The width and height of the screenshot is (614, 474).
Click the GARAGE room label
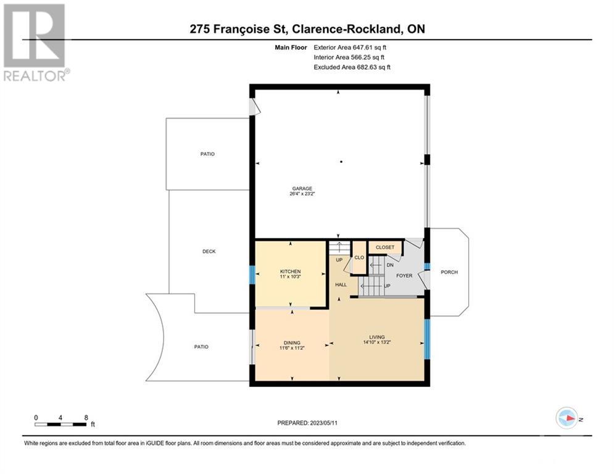click(302, 188)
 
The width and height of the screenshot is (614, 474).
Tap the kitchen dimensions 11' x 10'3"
click(290, 276)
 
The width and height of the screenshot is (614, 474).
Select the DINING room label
click(292, 343)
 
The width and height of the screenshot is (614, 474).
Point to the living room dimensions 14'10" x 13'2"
click(377, 342)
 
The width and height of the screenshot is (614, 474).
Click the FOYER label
click(404, 276)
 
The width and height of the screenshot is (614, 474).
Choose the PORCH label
click(449, 272)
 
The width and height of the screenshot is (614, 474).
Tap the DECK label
click(209, 251)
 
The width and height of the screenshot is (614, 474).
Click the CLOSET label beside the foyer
click(385, 247)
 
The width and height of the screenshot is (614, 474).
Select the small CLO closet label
click(359, 257)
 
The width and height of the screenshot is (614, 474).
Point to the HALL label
click(341, 285)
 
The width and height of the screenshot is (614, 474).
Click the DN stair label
click(390, 265)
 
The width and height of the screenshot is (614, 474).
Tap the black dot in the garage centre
click(341, 162)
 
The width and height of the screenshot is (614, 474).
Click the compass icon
click(566, 418)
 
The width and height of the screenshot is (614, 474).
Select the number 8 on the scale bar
click(86, 418)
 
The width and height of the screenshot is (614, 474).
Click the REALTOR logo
click(35, 43)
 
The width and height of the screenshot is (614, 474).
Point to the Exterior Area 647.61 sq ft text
click(350, 48)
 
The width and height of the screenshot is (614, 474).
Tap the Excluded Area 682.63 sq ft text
click(352, 67)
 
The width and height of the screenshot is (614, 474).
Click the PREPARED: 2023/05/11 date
click(307, 423)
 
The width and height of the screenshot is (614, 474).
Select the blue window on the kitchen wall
click(252, 275)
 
